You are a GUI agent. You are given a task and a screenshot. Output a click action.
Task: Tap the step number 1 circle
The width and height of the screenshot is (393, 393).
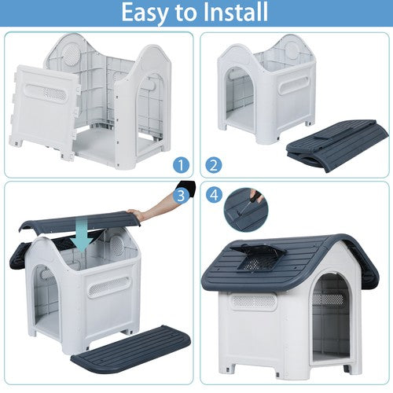click(x=181, y=165)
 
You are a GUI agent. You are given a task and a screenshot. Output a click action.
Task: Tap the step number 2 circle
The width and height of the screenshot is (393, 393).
click(x=214, y=165)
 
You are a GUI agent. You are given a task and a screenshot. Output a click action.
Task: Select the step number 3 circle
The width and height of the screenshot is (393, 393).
click(x=181, y=195)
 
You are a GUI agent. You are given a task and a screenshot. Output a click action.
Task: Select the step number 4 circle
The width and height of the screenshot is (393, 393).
click(x=214, y=195)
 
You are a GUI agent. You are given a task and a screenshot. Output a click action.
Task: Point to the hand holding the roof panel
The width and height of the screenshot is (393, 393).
click(x=135, y=214)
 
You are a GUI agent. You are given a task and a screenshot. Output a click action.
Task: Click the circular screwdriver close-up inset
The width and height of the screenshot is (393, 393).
click(x=246, y=210)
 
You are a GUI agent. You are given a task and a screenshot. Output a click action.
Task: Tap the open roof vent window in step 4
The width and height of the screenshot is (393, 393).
click(x=258, y=258)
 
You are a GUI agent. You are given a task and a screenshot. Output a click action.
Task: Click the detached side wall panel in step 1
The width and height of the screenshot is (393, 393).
click(x=45, y=112)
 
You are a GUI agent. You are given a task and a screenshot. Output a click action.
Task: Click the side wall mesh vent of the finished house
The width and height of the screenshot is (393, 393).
click(x=253, y=301)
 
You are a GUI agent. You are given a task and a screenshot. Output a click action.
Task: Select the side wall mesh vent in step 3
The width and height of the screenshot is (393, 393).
click(x=108, y=286)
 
